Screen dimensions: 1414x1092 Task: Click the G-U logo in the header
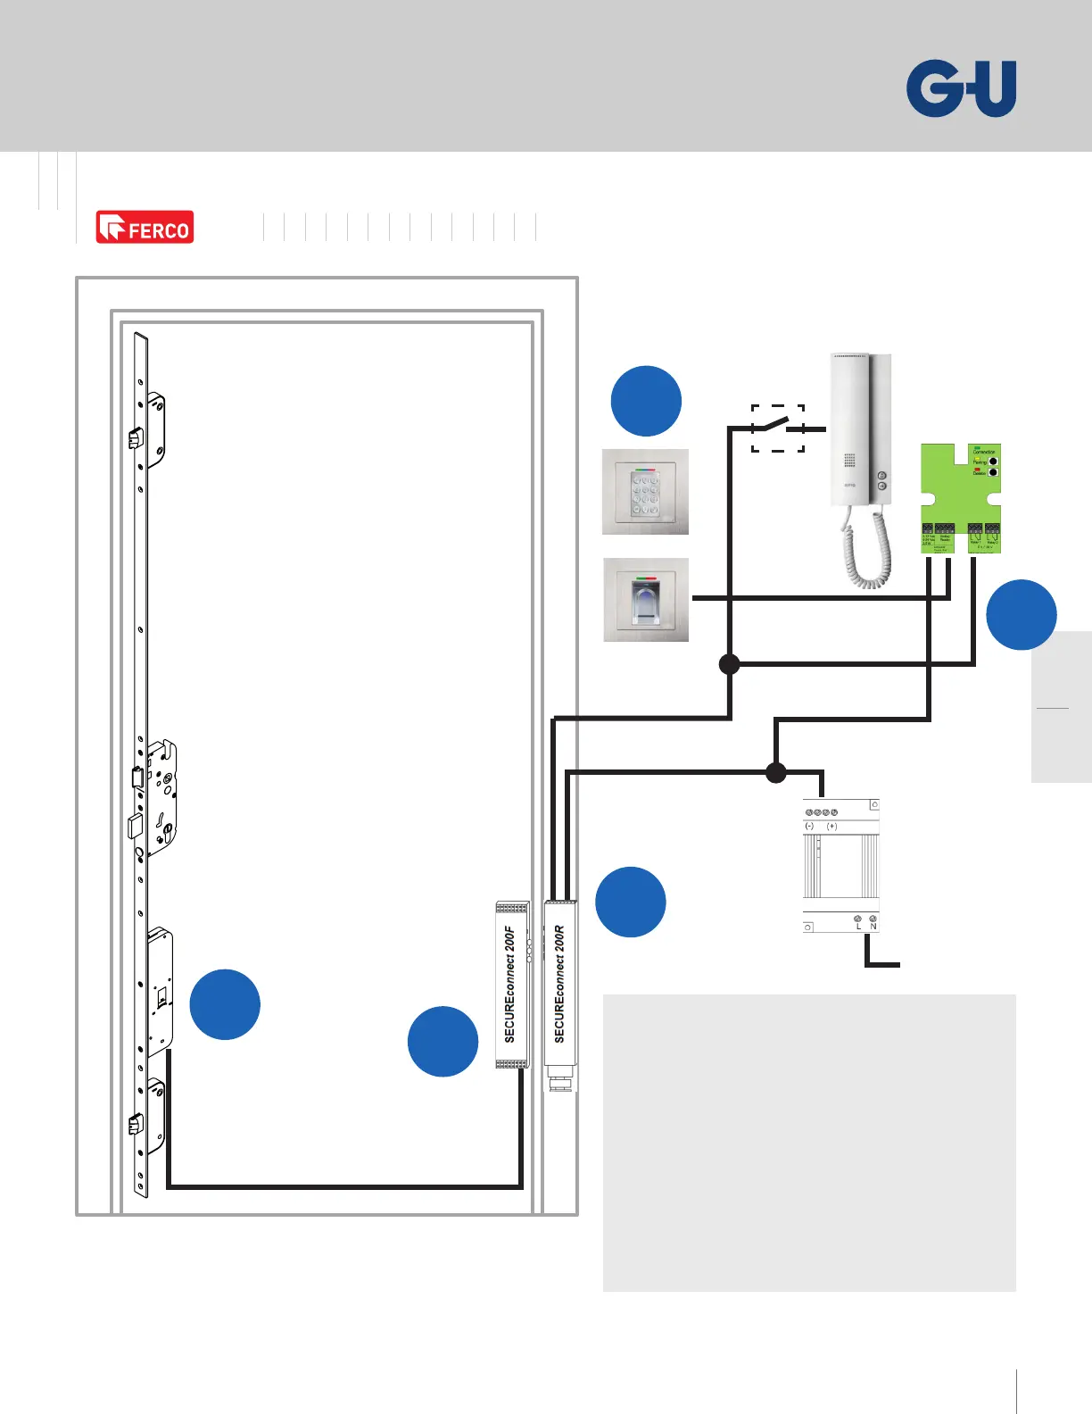[961, 88]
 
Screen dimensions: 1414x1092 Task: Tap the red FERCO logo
[145, 228]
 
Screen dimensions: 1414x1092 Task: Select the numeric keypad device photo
[645, 492]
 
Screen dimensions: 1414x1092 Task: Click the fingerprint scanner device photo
[646, 600]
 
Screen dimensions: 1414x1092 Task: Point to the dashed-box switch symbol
[778, 428]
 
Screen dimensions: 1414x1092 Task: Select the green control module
[960, 497]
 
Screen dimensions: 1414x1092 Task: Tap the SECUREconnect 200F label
[510, 984]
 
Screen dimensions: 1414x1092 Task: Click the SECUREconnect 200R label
[560, 984]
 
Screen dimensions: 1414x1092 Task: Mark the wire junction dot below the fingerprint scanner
[730, 664]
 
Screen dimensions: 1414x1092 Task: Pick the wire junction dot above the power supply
[776, 772]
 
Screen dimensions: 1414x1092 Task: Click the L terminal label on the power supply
[859, 927]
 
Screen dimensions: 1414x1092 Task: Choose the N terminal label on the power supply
[873, 927]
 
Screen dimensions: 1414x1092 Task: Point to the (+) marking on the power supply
[831, 827]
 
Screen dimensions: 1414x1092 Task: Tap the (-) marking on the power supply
[809, 827]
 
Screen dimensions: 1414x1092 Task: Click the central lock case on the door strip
[161, 797]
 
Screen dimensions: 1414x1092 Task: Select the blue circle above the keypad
[646, 401]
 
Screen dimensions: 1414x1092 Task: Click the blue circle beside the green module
[1022, 615]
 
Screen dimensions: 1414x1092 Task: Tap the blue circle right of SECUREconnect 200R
[631, 902]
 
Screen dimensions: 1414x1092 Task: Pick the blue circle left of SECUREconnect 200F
[443, 1041]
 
